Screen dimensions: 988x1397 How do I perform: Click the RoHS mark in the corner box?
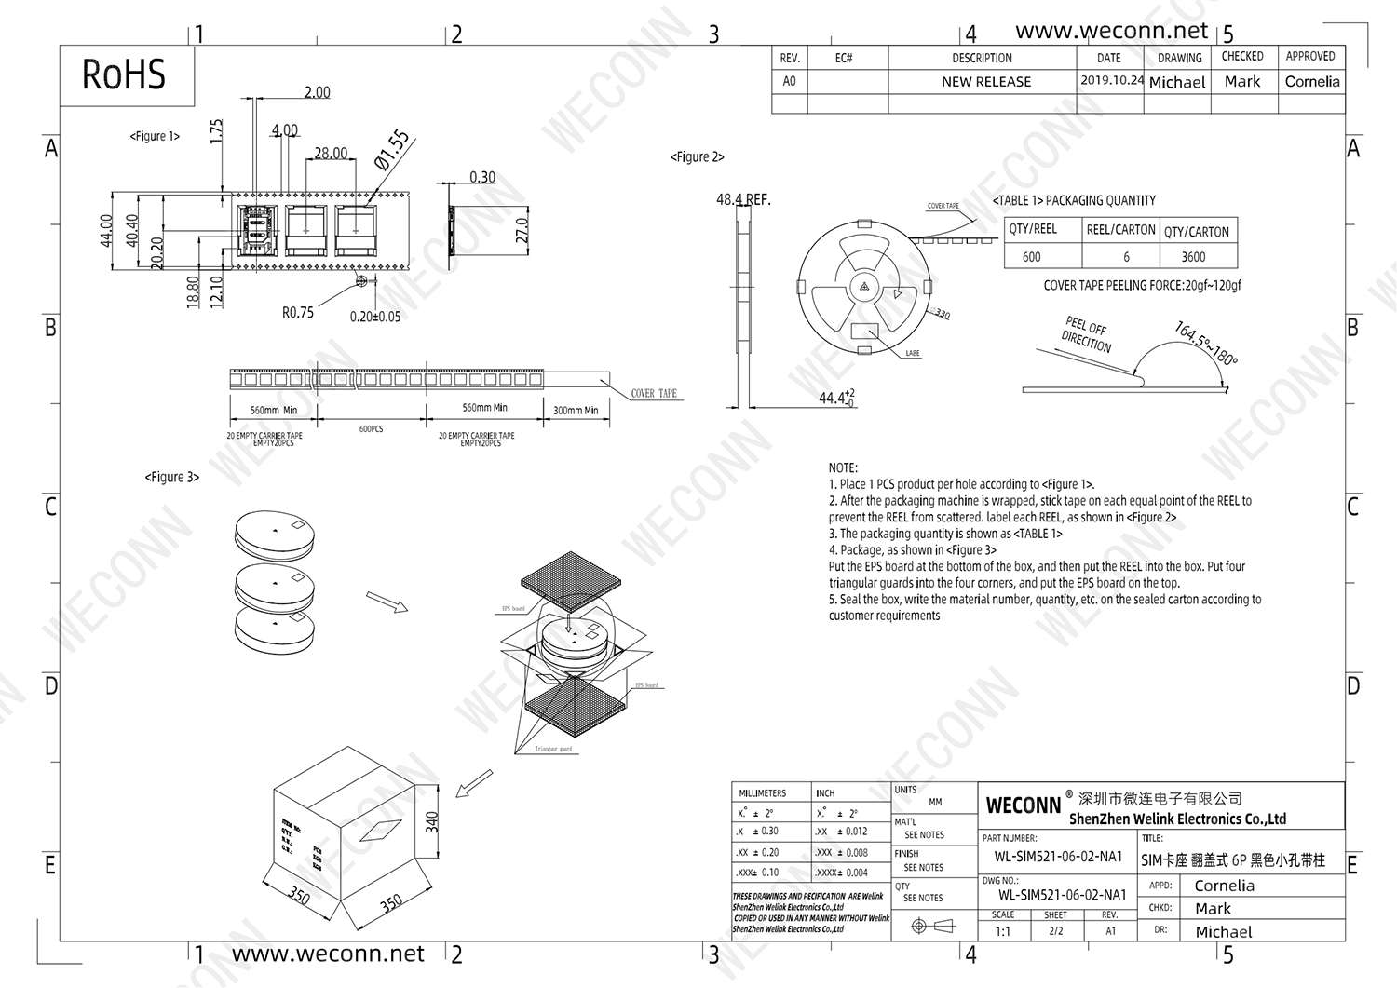coord(124,75)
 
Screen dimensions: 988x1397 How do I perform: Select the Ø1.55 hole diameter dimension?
coord(392,150)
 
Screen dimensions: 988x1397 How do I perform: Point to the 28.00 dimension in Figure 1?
coord(331,153)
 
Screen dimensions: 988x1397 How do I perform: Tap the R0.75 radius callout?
coord(298,313)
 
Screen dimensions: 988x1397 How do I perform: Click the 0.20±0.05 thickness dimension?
coord(375,317)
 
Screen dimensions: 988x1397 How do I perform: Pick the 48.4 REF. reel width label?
coord(743,199)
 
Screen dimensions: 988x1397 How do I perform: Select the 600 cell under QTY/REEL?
coord(1032,257)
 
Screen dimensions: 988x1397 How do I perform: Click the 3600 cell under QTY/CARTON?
coord(1193,257)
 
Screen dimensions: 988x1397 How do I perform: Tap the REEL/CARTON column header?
coord(1120,230)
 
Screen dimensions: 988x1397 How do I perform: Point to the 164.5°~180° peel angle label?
coord(1206,344)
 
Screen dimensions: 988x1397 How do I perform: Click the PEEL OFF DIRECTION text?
coord(1086,335)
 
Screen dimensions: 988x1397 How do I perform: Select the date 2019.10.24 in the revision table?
coord(1111,80)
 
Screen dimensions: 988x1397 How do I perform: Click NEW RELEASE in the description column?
coord(986,82)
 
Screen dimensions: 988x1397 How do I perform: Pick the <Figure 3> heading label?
coord(172,477)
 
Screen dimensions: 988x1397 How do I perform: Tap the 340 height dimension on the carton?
coord(432,822)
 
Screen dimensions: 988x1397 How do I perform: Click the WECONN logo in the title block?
coord(1024,805)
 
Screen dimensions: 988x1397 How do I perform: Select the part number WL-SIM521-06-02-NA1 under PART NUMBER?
coord(1058,857)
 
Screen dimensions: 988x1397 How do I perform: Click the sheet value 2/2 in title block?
coord(1055,930)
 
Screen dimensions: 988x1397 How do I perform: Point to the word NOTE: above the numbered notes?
coord(843,467)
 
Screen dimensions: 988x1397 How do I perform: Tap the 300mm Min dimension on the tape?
coord(576,410)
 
